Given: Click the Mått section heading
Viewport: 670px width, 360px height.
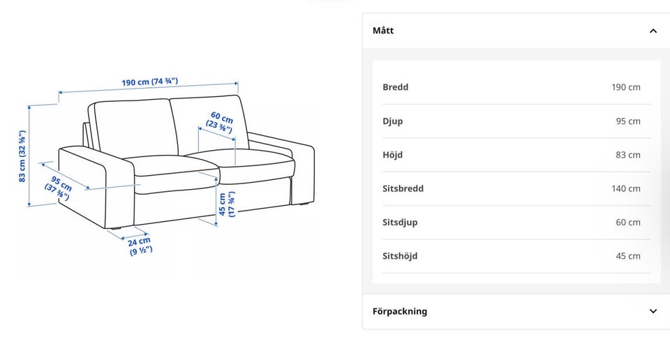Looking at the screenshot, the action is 383,30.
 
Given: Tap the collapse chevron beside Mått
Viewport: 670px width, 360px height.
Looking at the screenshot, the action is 653,31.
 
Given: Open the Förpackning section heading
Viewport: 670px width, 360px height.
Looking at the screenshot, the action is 399,311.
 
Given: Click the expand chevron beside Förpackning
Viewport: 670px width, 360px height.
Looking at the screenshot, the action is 653,311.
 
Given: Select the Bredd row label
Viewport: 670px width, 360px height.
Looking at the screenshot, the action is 395,87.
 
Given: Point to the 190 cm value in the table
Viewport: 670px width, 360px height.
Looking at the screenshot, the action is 625,87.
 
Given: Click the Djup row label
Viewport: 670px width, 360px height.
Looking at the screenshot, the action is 392,121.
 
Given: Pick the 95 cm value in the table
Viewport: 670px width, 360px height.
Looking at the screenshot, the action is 627,121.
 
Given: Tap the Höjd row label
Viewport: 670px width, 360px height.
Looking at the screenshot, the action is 392,155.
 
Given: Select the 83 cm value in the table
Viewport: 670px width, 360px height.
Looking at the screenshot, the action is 627,155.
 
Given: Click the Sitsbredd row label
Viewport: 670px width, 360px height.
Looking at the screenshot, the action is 403,188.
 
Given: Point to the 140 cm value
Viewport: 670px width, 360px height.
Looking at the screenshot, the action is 625,188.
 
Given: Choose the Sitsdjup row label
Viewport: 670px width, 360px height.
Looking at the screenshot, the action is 400,223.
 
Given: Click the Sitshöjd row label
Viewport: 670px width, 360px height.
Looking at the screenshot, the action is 400,256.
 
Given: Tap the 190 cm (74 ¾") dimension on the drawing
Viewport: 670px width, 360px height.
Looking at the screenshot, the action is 149,82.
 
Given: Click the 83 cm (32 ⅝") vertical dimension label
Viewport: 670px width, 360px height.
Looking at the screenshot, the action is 22,156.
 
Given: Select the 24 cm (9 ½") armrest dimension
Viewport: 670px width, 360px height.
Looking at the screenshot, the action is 140,246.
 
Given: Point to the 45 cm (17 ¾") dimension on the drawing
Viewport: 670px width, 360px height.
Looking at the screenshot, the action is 226,204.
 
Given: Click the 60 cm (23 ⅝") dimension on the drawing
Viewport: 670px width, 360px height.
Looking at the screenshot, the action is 221,122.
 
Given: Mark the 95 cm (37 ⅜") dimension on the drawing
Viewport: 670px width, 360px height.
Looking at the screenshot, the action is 59,188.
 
